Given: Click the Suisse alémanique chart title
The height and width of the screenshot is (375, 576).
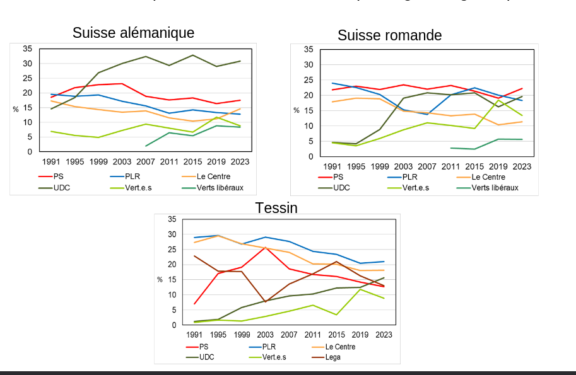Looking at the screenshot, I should [133, 33].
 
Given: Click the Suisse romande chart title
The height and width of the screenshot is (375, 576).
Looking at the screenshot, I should [389, 35].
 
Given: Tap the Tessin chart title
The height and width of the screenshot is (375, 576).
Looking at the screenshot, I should [276, 207].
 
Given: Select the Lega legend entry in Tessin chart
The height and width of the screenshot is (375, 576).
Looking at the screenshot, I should [332, 357].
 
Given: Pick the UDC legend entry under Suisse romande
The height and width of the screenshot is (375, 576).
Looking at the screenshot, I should [341, 188].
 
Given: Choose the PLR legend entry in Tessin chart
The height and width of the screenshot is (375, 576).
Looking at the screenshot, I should [269, 347].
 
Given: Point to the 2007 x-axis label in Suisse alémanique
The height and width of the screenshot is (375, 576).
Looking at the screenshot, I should [146, 162].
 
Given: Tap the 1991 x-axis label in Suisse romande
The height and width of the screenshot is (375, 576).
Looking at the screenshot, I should [332, 166].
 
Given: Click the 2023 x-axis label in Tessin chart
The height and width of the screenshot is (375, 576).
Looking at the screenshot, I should [384, 335].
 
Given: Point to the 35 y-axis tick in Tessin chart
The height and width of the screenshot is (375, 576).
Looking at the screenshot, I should [172, 219].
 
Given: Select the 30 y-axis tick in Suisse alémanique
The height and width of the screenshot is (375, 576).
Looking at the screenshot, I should [28, 64].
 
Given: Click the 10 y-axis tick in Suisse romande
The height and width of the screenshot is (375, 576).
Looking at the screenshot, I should [309, 126].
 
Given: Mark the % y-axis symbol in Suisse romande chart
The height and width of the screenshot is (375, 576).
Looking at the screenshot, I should [296, 110].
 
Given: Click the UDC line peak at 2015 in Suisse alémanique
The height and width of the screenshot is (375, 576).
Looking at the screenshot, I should [193, 55].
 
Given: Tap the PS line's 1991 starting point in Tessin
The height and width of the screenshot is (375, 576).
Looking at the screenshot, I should [194, 304].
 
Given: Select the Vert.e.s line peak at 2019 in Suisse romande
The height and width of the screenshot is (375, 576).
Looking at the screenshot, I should [498, 100].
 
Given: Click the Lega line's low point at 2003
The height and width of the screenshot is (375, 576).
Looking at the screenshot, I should [266, 302].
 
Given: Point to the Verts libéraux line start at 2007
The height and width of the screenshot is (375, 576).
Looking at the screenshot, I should [146, 146].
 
